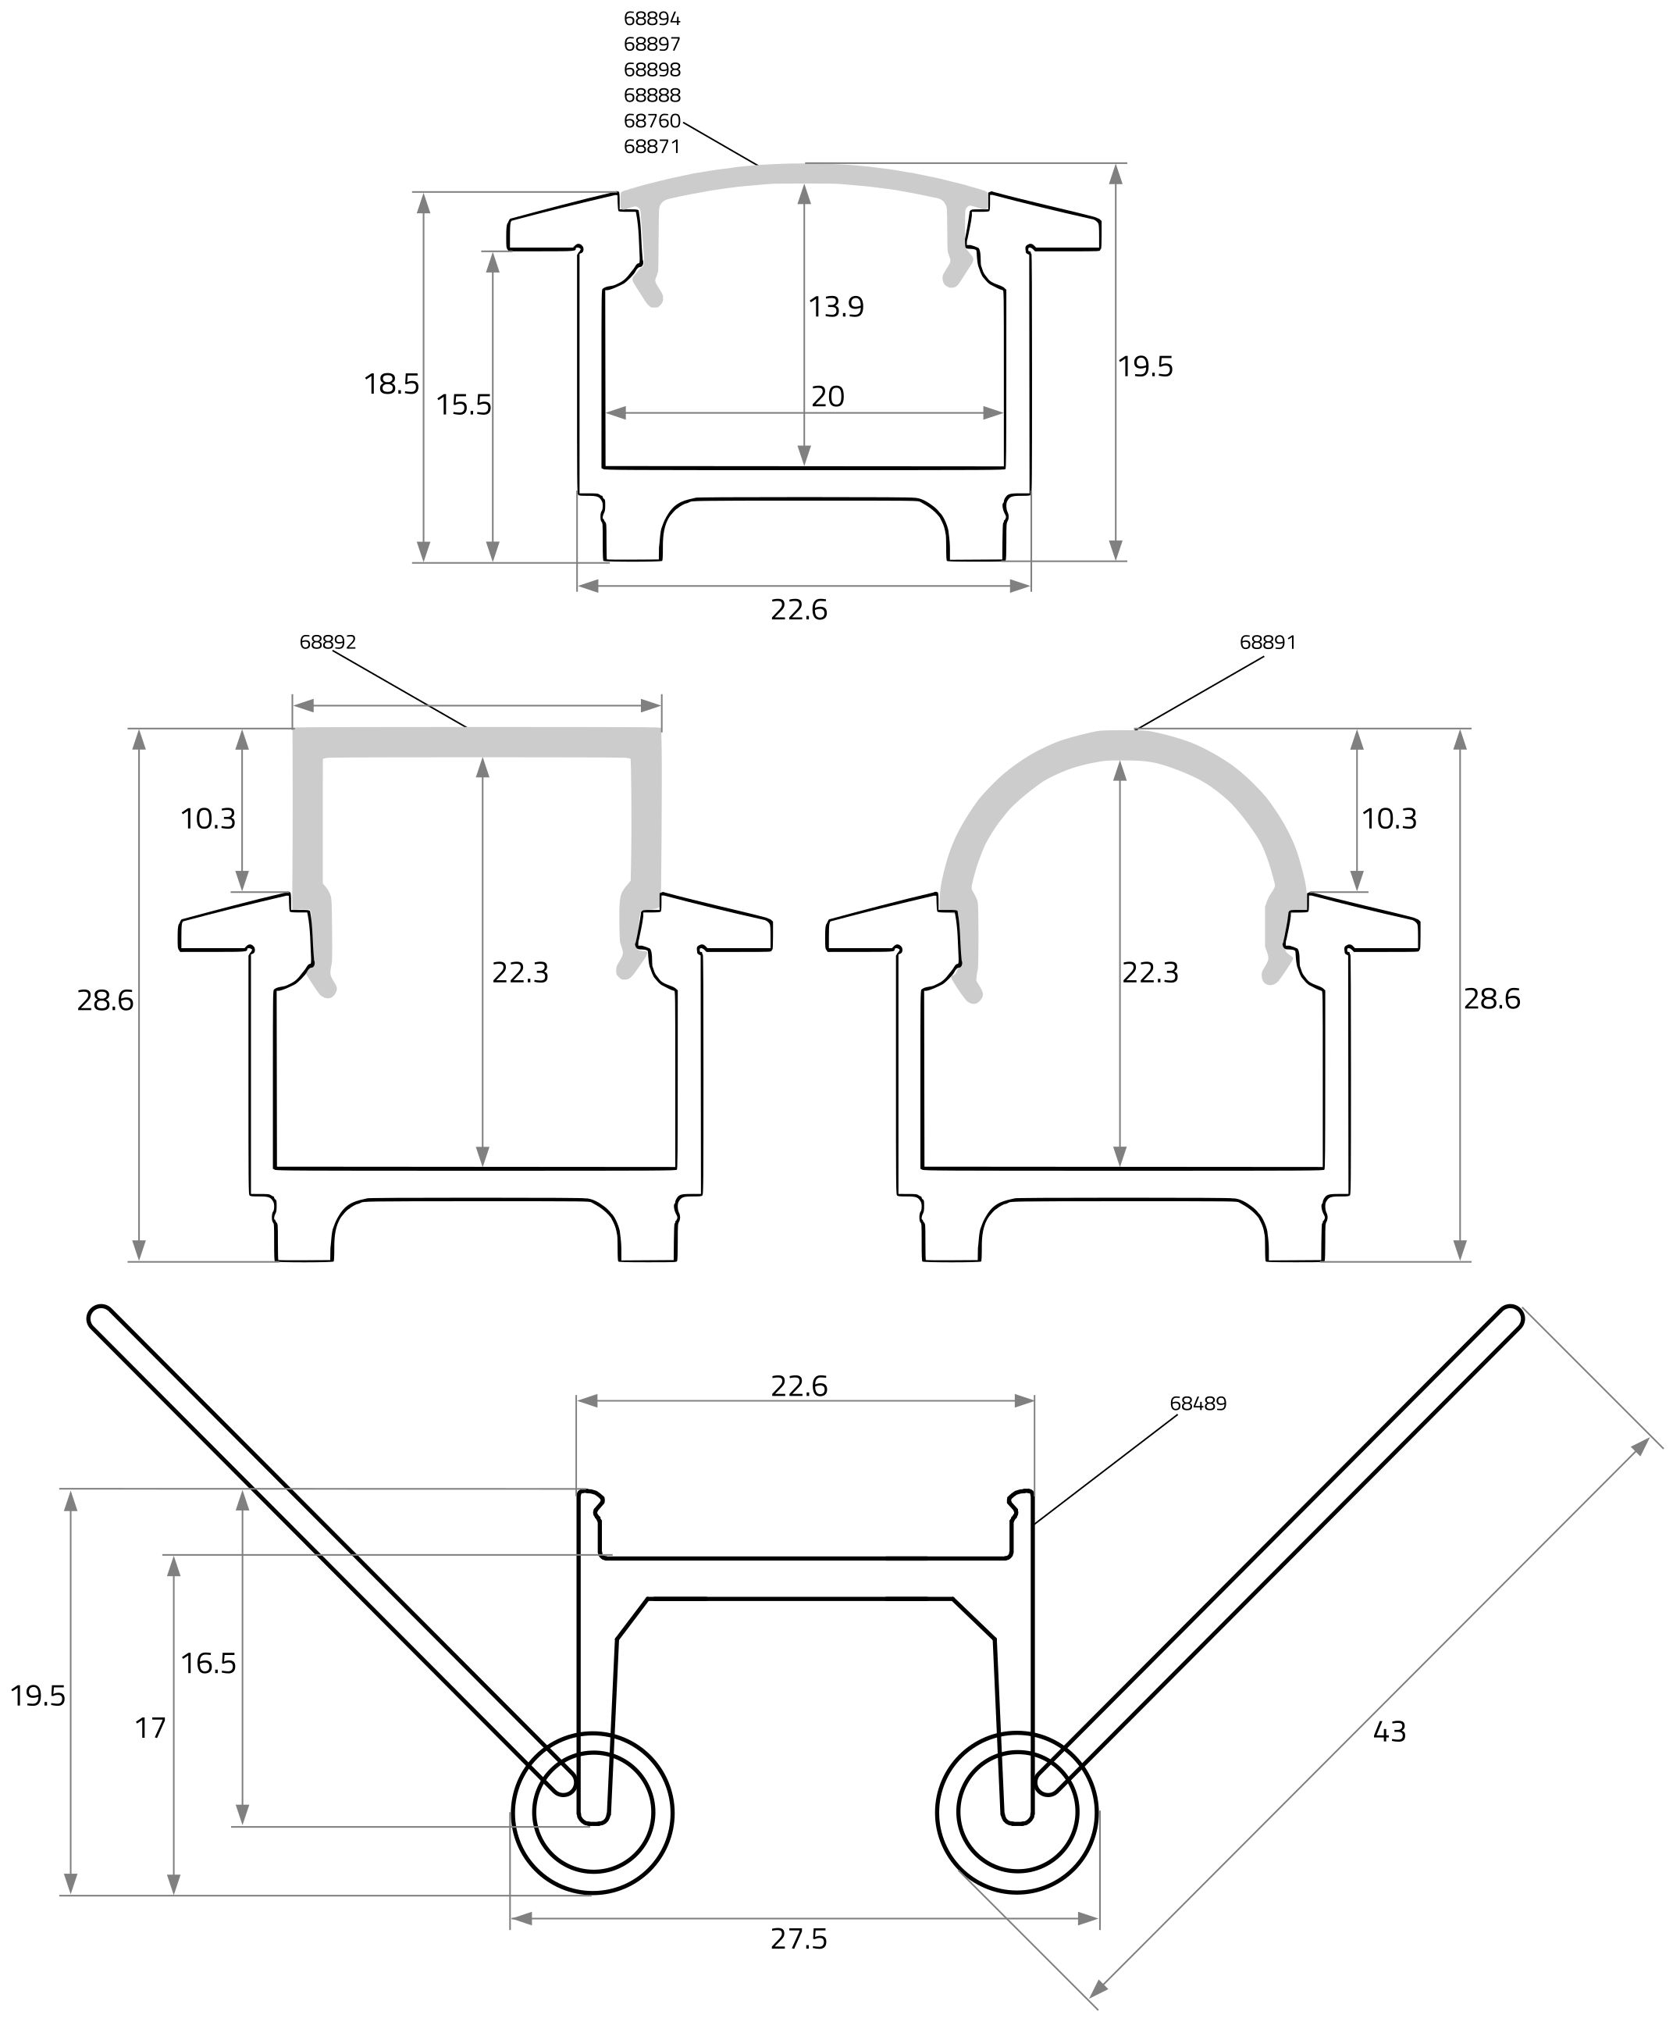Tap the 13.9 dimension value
point(835,306)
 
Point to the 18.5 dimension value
point(391,383)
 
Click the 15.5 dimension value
point(464,404)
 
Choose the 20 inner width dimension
point(828,396)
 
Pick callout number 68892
point(328,642)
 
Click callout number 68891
point(1267,642)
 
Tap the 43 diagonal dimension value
point(1389,1732)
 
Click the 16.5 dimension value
point(208,1663)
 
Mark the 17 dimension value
point(151,1728)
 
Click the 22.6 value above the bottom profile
point(799,1386)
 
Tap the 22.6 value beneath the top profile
point(799,609)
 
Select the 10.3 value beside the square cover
point(208,819)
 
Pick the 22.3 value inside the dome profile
point(1150,972)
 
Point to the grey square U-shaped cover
point(476,742)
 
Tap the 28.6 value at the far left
point(105,1000)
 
